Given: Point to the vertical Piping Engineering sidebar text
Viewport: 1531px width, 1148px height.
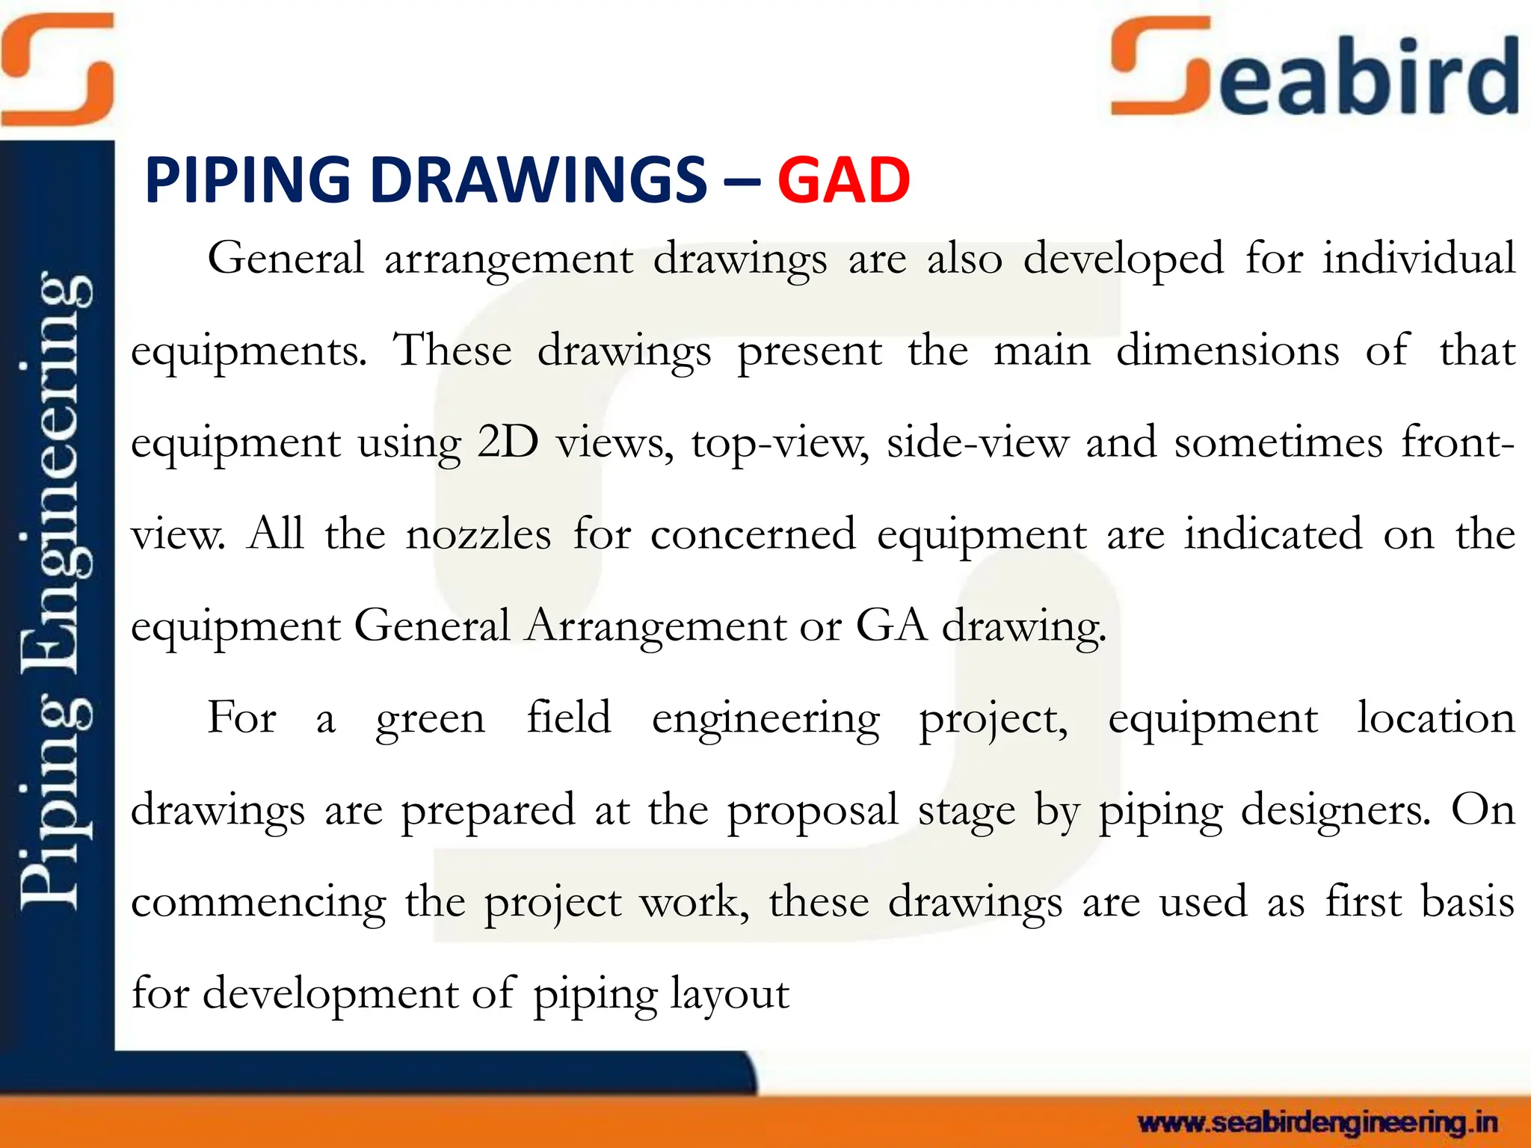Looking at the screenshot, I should point(55,590).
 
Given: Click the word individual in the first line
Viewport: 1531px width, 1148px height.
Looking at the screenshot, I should point(1418,259).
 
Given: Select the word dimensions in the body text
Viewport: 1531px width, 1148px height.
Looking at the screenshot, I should point(1227,351).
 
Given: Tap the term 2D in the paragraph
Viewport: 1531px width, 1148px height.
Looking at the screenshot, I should point(508,442).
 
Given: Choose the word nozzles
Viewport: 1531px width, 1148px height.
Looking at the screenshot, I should point(478,534).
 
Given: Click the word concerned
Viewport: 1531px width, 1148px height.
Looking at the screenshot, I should point(753,534).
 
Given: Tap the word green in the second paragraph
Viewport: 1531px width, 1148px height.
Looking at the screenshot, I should point(431,719).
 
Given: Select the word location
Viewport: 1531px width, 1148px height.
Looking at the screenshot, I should point(1435,717).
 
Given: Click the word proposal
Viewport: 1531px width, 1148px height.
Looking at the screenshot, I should point(813,811).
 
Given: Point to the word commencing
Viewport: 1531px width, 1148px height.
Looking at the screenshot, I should point(259,903).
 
